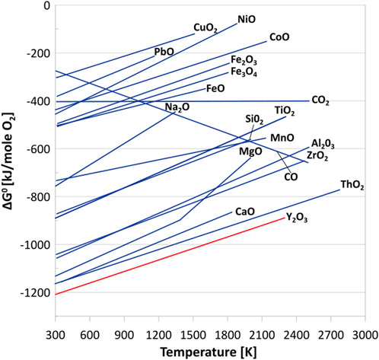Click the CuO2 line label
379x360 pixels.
tap(205, 28)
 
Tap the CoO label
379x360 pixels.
tap(279, 37)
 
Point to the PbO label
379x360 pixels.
tap(164, 51)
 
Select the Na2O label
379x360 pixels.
tap(177, 108)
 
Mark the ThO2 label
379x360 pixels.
tap(352, 184)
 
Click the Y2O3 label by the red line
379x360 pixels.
tap(298, 218)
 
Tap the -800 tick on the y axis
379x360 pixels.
tap(34, 196)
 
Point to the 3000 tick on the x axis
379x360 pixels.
tap(364, 335)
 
